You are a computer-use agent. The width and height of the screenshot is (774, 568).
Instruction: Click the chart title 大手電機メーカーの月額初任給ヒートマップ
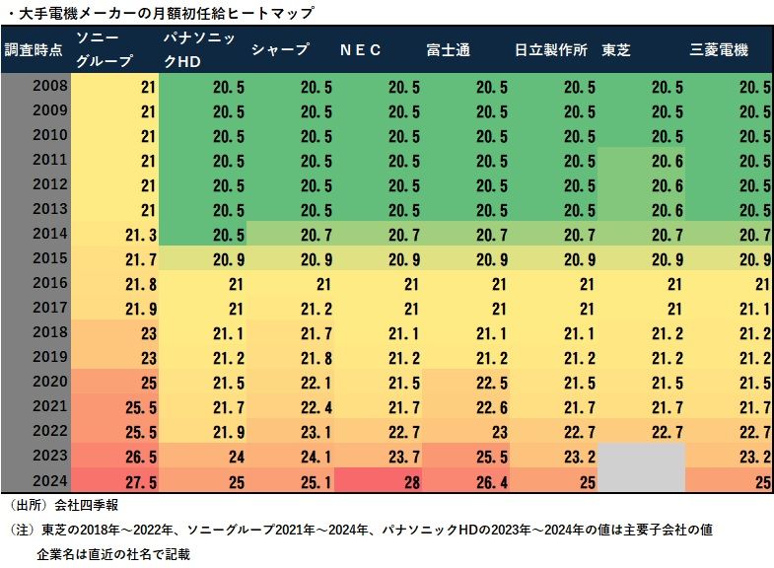167,13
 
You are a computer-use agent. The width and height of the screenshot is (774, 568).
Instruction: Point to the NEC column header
360,50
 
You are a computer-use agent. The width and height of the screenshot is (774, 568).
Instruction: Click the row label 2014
49,233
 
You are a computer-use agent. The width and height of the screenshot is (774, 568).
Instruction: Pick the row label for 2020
49,380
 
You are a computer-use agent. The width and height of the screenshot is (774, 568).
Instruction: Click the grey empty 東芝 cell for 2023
641,457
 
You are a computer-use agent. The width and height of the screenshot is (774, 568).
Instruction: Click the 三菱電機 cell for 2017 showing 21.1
729,308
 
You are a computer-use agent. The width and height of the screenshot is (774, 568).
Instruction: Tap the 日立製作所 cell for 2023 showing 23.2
553,457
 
